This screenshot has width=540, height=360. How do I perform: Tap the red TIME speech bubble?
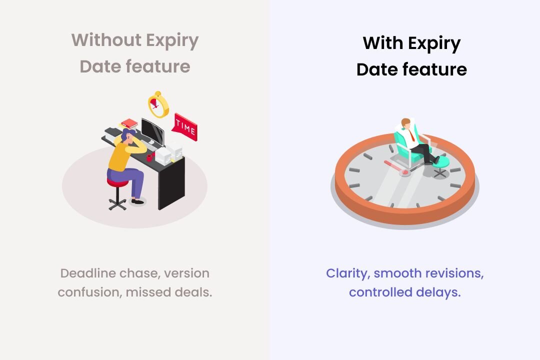pyautogui.click(x=185, y=127)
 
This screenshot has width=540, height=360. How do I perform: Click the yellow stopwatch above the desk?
pyautogui.click(x=158, y=104)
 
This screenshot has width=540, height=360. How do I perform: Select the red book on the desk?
pyautogui.click(x=129, y=123)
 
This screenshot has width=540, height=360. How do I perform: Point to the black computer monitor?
pyautogui.click(x=152, y=131)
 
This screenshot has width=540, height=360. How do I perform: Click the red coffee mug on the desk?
pyautogui.click(x=150, y=157)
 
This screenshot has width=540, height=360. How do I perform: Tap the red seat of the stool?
pyautogui.click(x=117, y=181)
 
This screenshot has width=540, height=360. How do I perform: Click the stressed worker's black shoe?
pyautogui.click(x=137, y=201)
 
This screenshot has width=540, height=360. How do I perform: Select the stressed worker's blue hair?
pyautogui.click(x=126, y=134)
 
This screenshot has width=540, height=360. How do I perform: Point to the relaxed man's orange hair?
pyautogui.click(x=406, y=121)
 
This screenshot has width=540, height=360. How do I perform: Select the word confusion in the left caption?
pyautogui.click(x=89, y=292)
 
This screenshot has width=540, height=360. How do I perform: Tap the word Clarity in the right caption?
pyautogui.click(x=348, y=273)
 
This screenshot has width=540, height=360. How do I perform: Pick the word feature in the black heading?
pyautogui.click(x=435, y=69)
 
